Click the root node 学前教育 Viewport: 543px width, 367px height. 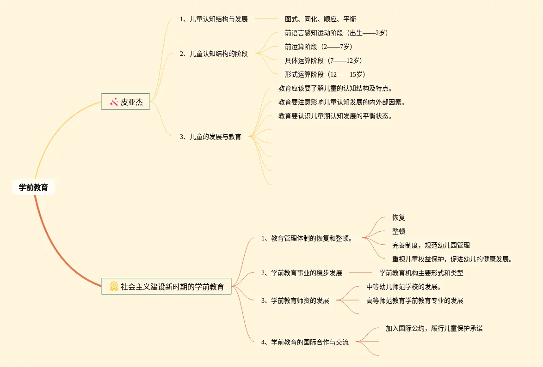click(x=33, y=187)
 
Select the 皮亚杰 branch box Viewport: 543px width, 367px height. click(x=126, y=102)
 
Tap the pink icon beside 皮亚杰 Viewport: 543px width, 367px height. click(x=114, y=102)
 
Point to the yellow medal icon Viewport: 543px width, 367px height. click(x=114, y=287)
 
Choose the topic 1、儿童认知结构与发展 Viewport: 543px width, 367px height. click(x=214, y=19)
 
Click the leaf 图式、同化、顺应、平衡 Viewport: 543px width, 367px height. click(x=320, y=19)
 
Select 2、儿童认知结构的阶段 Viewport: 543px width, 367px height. click(x=214, y=54)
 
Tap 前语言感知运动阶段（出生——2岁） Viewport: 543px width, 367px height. click(x=336, y=33)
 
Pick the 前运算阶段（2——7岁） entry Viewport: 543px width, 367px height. click(x=319, y=47)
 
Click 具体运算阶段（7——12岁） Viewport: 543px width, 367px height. click(x=323, y=60)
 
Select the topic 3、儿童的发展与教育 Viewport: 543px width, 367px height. click(x=210, y=137)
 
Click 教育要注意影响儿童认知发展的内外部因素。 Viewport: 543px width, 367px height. click(x=342, y=102)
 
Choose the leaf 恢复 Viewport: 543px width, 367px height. click(x=398, y=217)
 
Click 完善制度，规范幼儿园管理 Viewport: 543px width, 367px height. click(x=431, y=245)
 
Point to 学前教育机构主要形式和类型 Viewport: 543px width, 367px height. click(x=421, y=273)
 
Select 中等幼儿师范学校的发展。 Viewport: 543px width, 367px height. click(x=403, y=287)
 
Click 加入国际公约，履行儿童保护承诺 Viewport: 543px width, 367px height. click(x=434, y=328)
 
